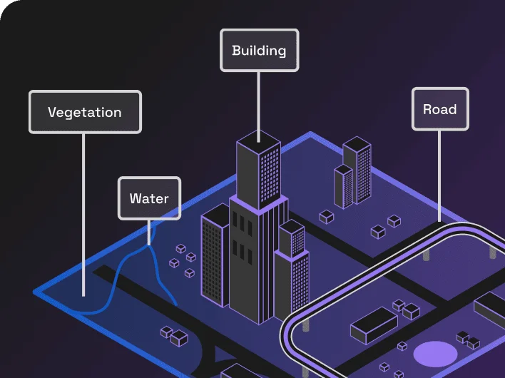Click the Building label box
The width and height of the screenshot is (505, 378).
[x=259, y=51]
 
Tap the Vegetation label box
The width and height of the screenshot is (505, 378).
[x=85, y=112]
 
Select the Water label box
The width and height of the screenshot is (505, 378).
[x=149, y=198]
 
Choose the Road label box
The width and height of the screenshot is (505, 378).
[x=439, y=109]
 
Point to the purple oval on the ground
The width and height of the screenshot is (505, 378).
[x=434, y=352]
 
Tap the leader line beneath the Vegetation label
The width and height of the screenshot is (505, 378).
[x=83, y=214]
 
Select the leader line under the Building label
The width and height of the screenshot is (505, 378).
[x=259, y=100]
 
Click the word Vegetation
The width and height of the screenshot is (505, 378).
[x=85, y=112]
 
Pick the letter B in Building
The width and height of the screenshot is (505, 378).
[x=237, y=51]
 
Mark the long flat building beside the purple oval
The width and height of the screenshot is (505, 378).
[x=374, y=325]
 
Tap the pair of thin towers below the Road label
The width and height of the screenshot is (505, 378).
[x=354, y=171]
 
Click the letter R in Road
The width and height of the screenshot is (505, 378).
[x=427, y=109]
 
